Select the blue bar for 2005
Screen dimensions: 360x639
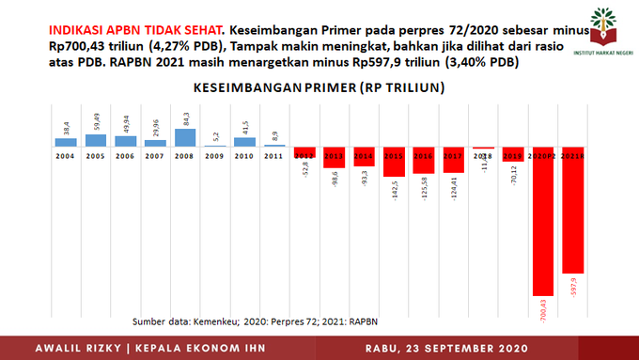point(96,140)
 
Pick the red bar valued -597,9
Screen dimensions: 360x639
point(573,211)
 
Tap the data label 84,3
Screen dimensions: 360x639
point(185,119)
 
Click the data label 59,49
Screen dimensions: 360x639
point(96,122)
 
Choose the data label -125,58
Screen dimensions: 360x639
point(424,185)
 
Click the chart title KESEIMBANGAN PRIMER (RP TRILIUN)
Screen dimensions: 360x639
point(319,88)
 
